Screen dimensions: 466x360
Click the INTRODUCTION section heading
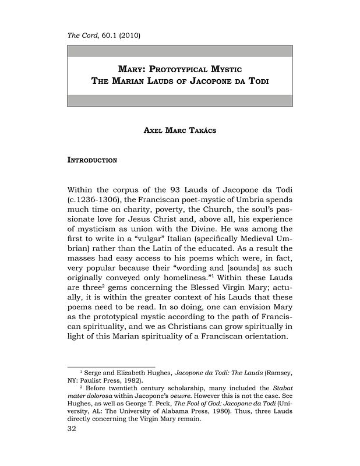coord(93,159)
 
